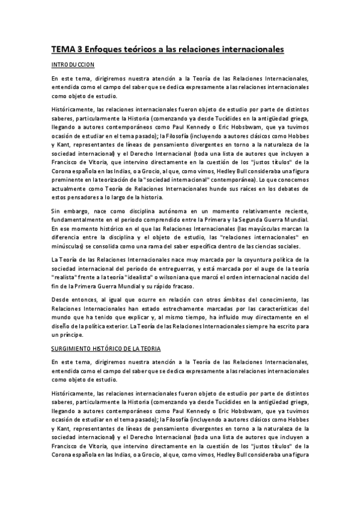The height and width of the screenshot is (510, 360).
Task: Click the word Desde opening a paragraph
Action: coord(61,300)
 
